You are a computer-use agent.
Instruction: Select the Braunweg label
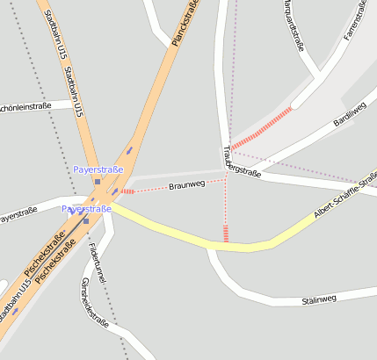(x=186, y=185)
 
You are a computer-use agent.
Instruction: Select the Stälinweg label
(x=319, y=299)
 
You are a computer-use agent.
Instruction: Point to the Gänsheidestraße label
(x=94, y=302)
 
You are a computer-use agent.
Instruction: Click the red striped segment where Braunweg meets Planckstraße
(x=127, y=191)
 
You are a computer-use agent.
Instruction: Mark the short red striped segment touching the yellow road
(x=226, y=233)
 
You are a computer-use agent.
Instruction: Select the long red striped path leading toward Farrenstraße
(x=261, y=127)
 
